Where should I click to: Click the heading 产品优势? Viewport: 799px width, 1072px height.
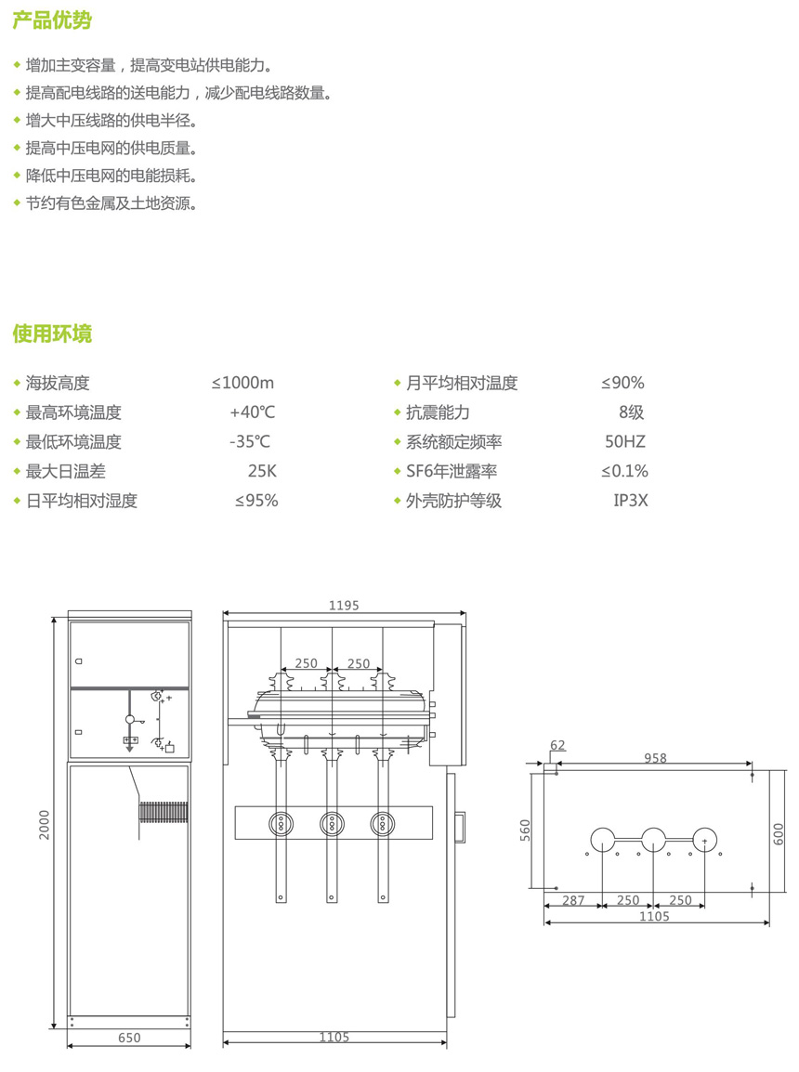[52, 20]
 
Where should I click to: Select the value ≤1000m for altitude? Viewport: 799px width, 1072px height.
[242, 383]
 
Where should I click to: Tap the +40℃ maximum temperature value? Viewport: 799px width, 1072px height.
[252, 412]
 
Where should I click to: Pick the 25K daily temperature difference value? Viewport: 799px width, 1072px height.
[262, 471]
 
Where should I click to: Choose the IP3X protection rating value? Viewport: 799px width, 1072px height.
[631, 501]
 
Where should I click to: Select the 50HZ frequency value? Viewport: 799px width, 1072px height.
[624, 442]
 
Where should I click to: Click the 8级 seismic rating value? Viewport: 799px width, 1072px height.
[631, 412]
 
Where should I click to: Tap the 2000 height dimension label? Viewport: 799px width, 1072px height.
[45, 824]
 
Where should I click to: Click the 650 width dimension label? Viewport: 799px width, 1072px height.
[130, 1038]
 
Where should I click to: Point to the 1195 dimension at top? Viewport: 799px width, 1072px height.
[344, 606]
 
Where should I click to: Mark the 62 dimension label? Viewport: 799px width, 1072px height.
[557, 745]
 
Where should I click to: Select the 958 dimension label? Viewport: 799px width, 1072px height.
[655, 758]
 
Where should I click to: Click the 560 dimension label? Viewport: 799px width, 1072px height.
[525, 829]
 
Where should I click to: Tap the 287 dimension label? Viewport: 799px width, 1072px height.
[573, 900]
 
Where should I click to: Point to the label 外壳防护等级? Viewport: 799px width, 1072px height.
[453, 501]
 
